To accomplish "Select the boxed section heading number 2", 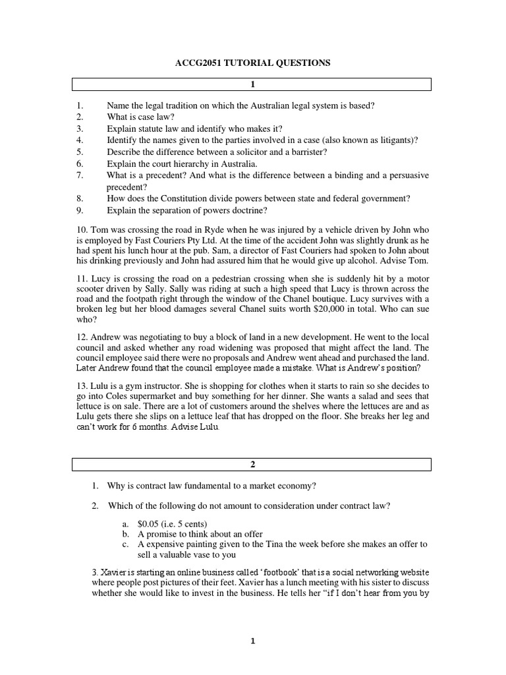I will (252, 465).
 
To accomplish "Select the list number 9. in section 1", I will (80, 210).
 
